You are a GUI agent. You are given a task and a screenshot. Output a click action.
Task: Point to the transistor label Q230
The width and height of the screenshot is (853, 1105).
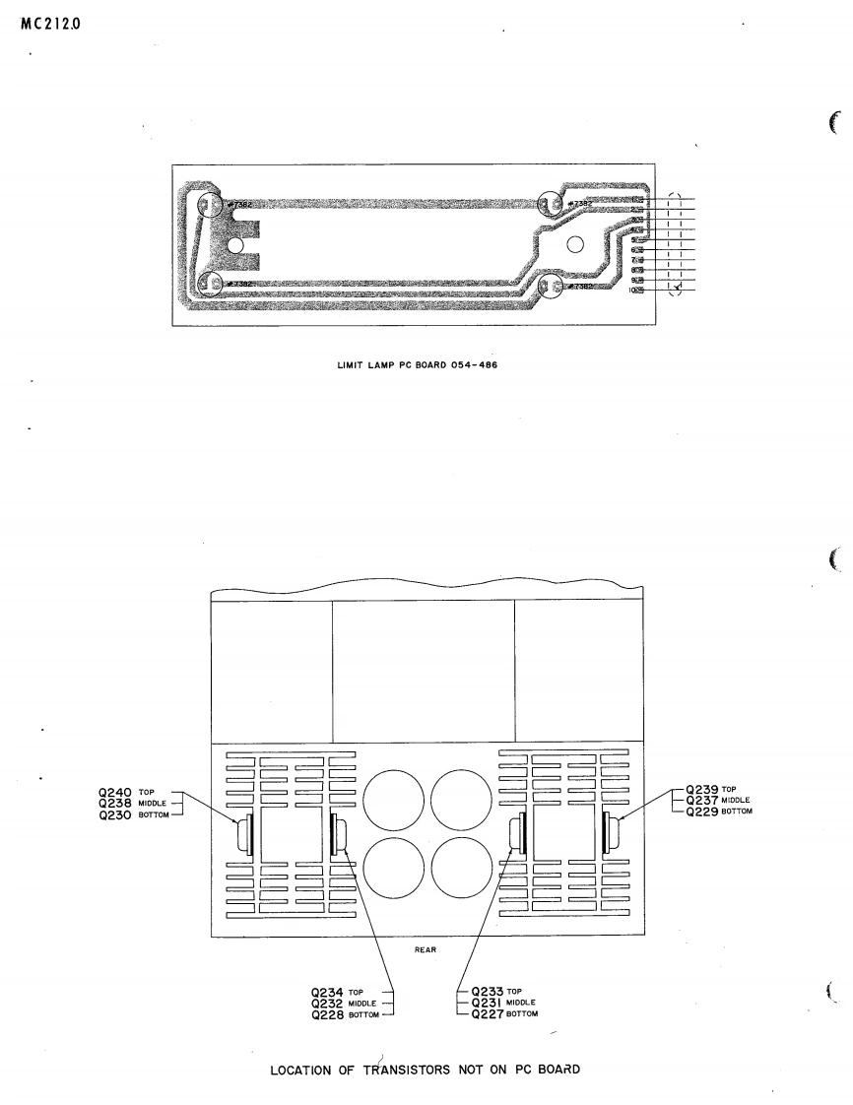tap(117, 815)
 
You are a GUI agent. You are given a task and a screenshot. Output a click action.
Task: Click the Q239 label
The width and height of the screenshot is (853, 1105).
tap(703, 789)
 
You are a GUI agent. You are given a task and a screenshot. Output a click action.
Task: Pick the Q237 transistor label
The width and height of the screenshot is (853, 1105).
tap(703, 800)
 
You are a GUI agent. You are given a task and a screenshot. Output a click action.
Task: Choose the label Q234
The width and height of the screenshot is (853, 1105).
tap(327, 992)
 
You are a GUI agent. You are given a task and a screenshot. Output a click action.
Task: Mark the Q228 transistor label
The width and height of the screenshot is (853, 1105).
tap(327, 1014)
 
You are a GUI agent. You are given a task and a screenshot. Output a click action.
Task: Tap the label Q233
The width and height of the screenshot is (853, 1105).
tap(490, 992)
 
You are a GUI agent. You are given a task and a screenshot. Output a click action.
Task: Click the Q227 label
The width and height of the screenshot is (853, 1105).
tap(490, 1014)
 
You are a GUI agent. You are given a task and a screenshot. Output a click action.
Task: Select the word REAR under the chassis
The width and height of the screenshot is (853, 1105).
tap(426, 950)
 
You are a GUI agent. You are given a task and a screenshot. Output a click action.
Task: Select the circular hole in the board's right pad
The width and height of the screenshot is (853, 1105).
tap(575, 245)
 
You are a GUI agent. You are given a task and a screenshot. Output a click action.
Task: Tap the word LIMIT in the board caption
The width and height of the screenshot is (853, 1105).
tap(350, 368)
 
